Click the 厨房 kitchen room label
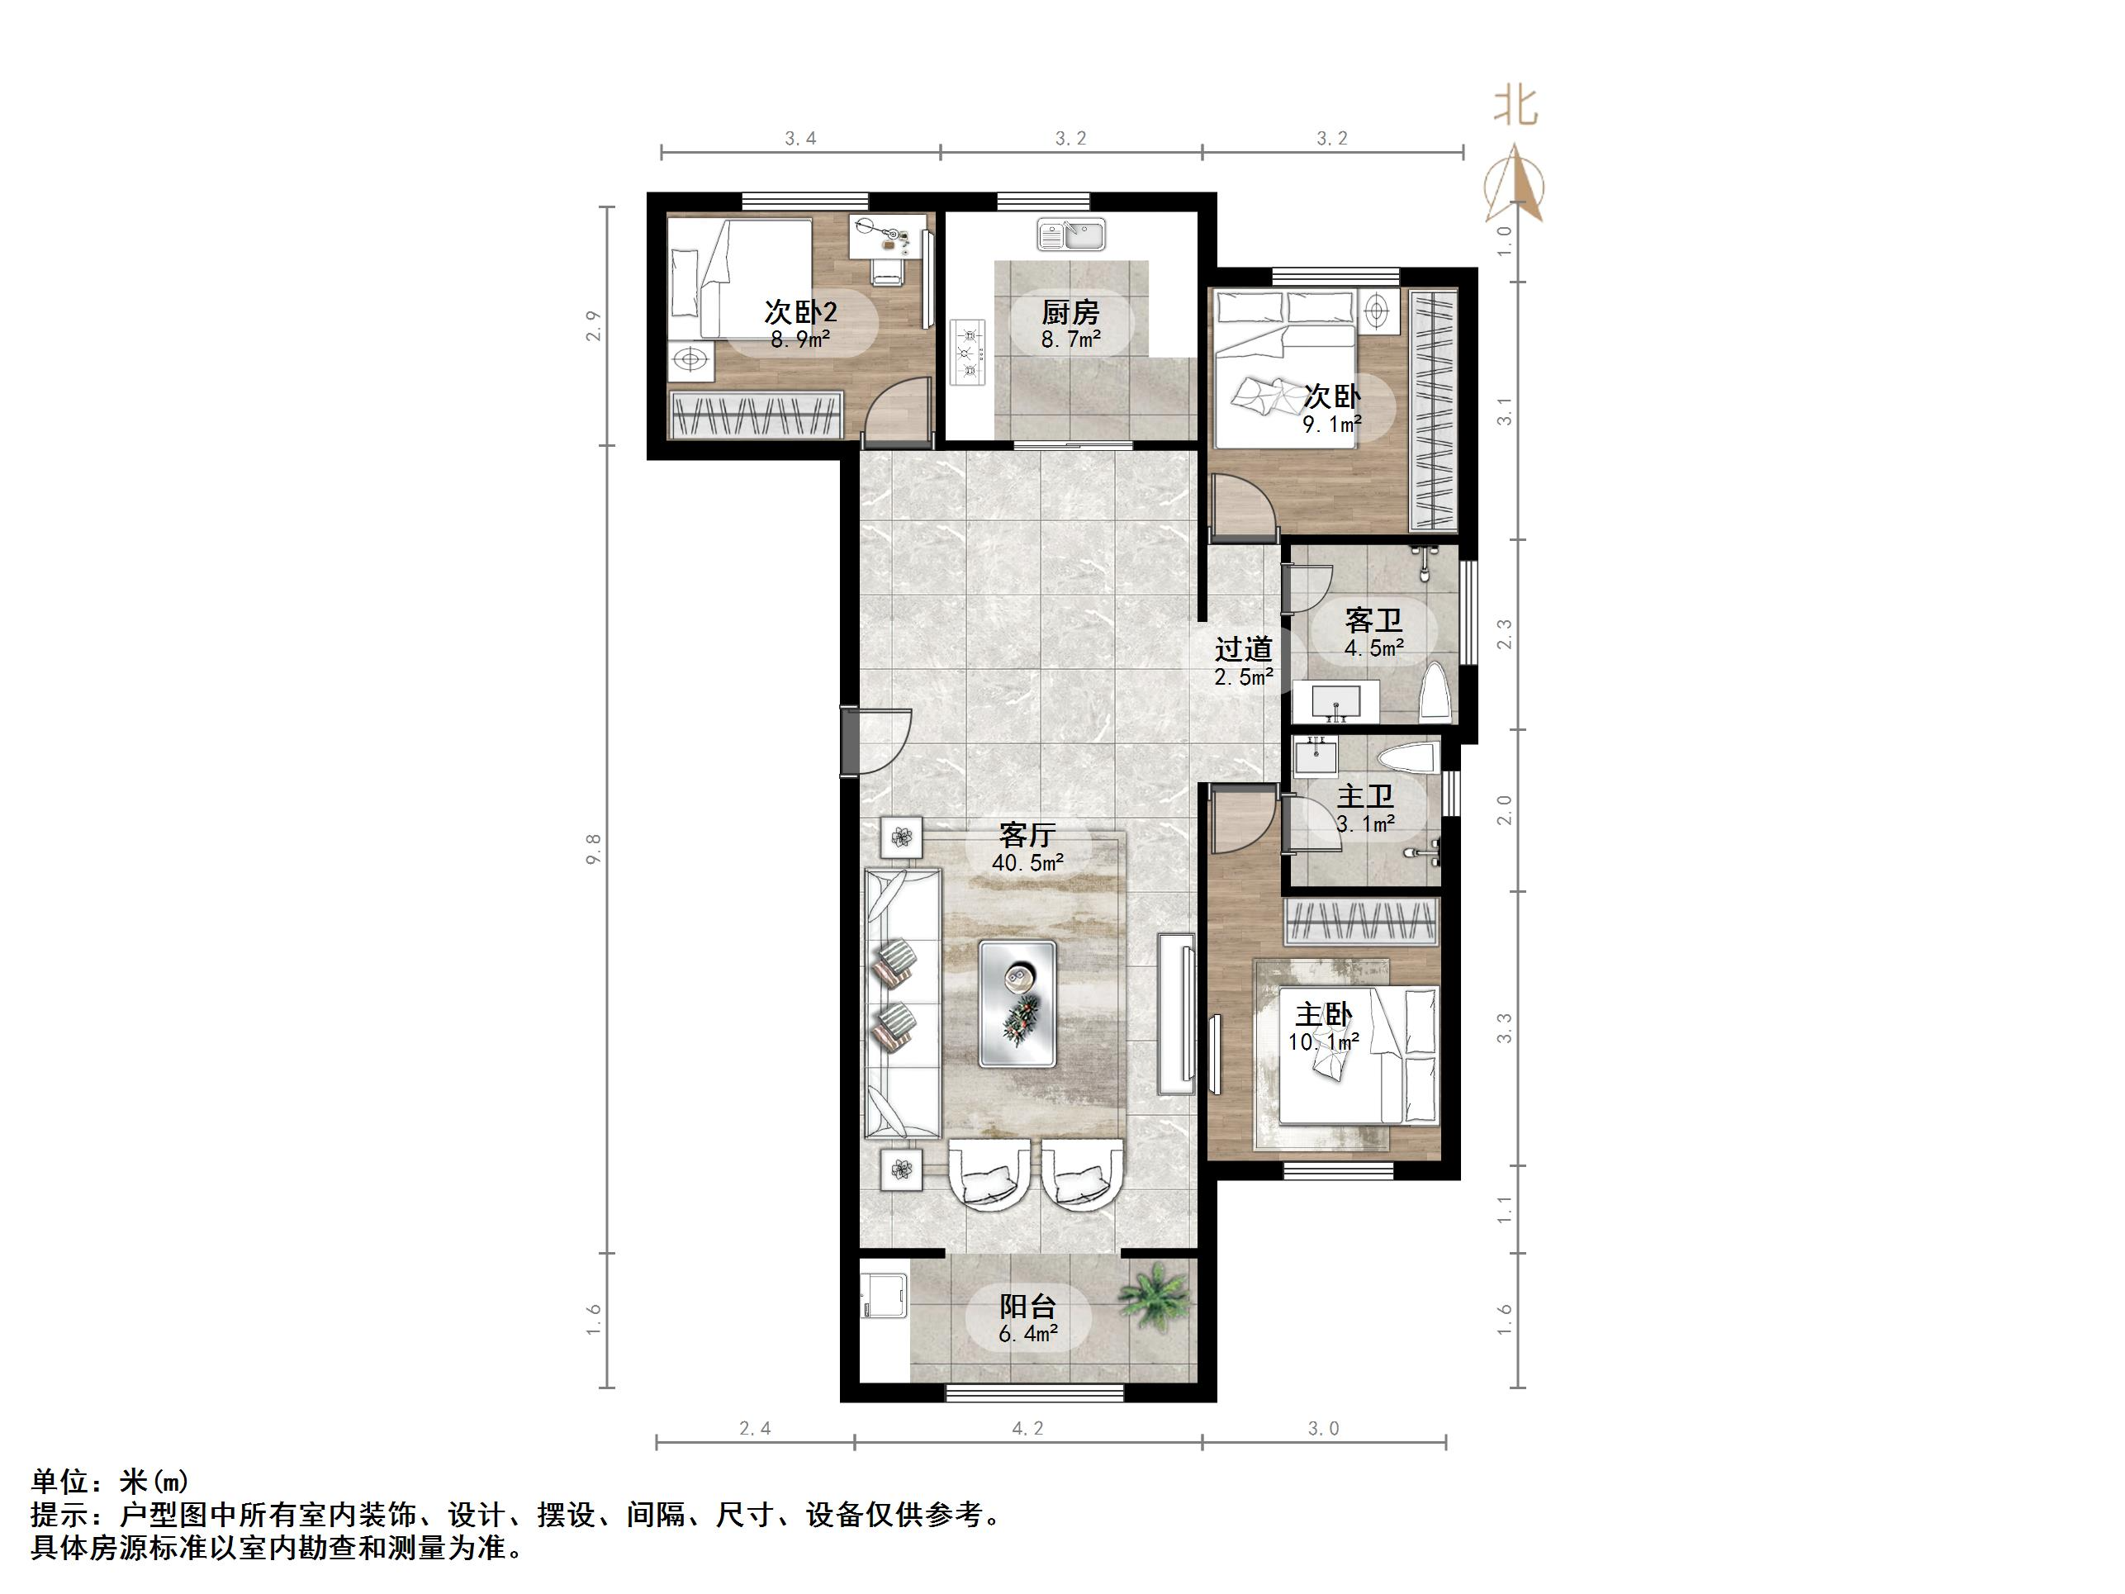(x=1070, y=312)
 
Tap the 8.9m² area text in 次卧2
(x=800, y=339)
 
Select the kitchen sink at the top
(x=1071, y=235)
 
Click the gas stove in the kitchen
(x=969, y=352)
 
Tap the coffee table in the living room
(x=1017, y=1003)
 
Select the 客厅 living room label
(x=1027, y=834)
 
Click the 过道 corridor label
(x=1243, y=649)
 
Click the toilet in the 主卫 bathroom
(x=1406, y=757)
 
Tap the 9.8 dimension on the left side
(x=594, y=848)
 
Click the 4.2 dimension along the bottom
(x=1027, y=1429)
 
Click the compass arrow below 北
(x=1515, y=183)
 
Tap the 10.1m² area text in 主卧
(x=1323, y=1041)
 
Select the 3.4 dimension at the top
(x=800, y=139)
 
